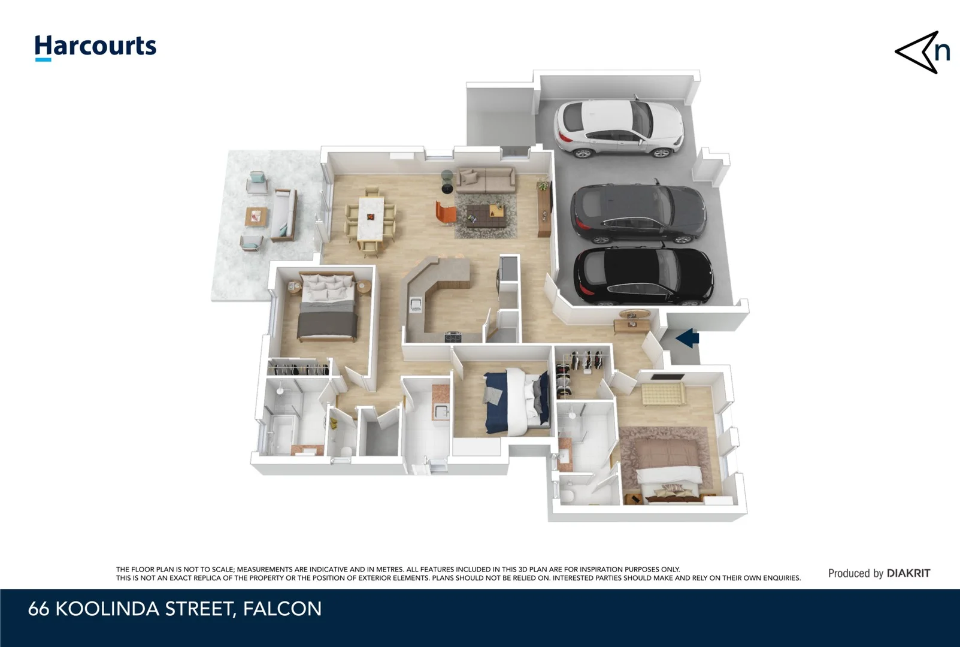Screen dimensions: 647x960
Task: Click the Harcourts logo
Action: click(95, 47)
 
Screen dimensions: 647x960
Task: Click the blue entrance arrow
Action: click(687, 338)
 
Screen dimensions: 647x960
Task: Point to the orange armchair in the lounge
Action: click(445, 213)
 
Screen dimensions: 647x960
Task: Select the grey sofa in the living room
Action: click(486, 178)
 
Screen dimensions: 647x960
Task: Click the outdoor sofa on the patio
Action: click(283, 214)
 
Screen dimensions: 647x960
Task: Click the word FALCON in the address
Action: click(282, 609)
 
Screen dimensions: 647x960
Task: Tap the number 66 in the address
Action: click(38, 609)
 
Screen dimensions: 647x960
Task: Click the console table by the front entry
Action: click(632, 324)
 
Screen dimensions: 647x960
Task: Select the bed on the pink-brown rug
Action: click(669, 473)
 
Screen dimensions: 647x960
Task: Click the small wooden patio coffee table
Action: click(256, 216)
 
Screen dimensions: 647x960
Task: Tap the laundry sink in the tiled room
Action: click(441, 411)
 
